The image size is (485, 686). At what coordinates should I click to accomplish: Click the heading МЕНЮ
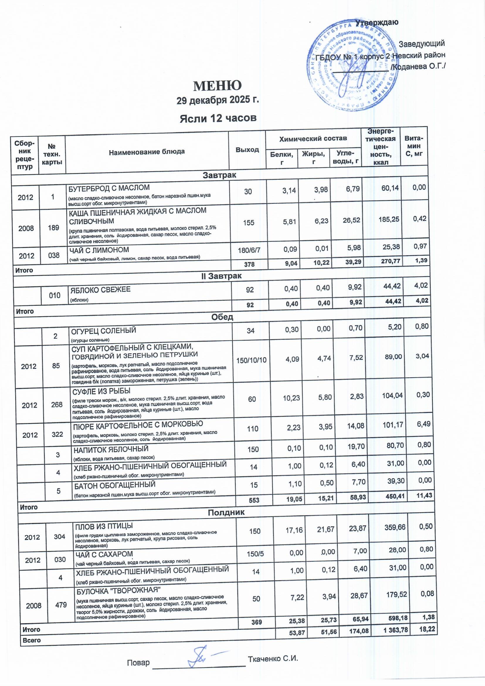click(217, 86)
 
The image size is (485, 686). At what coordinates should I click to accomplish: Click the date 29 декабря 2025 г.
click(217, 100)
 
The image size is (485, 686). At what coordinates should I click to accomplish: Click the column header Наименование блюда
click(147, 152)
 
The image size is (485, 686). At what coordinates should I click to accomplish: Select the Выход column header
click(247, 149)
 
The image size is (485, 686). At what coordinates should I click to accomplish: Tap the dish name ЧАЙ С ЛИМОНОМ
click(99, 250)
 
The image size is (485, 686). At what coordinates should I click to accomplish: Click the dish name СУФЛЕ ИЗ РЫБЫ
click(101, 391)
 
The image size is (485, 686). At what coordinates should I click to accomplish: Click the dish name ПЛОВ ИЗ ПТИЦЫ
click(104, 526)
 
